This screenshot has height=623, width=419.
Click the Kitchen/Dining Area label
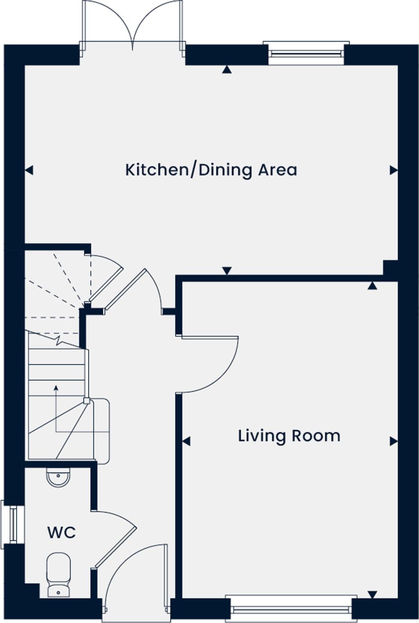(x=211, y=170)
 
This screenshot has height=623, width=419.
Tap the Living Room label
(x=289, y=435)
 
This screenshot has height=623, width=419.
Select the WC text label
(x=61, y=533)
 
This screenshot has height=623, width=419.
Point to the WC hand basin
(x=58, y=477)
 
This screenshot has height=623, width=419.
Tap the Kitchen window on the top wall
(x=306, y=53)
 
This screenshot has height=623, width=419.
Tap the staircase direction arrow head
(x=56, y=387)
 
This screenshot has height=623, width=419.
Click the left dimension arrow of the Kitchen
(x=29, y=170)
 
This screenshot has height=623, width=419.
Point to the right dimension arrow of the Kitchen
(x=394, y=170)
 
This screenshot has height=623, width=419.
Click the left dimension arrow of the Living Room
(x=186, y=441)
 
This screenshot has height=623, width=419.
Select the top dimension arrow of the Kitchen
(x=227, y=70)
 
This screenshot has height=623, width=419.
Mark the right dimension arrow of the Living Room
(x=394, y=441)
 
